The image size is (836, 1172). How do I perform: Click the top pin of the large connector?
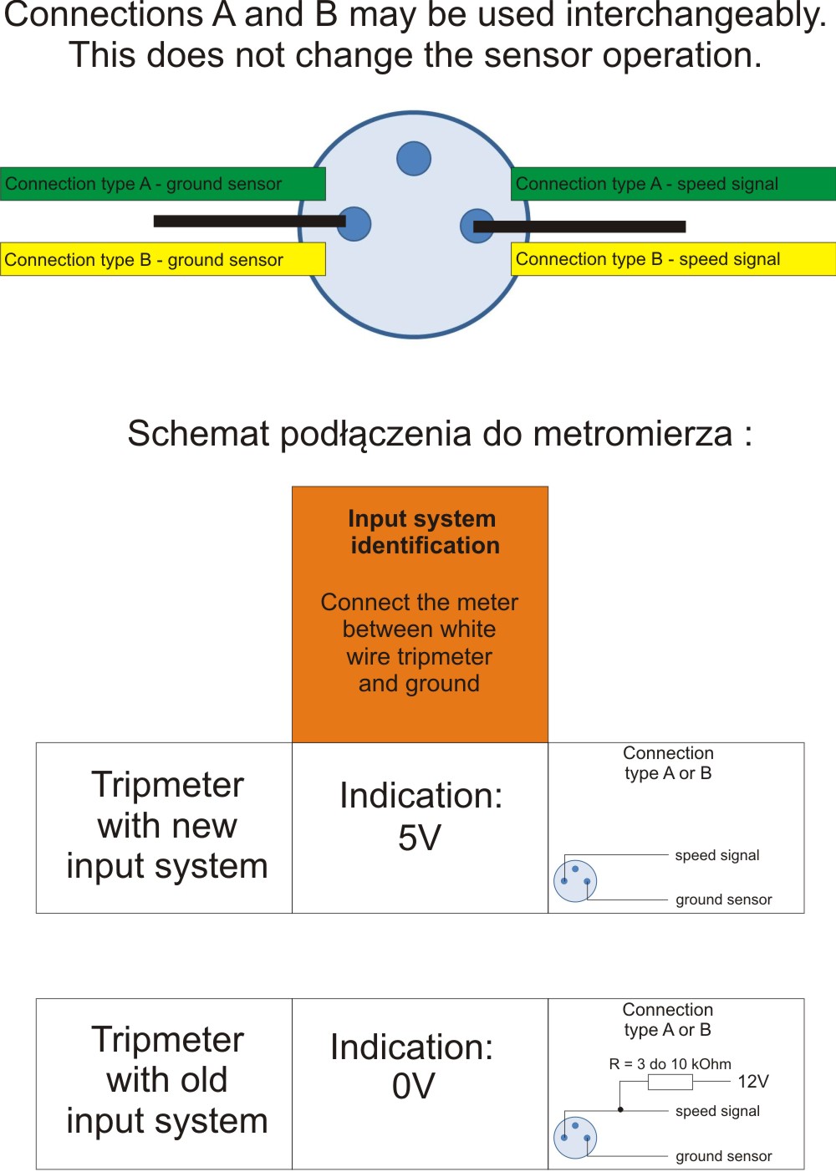[x=414, y=159]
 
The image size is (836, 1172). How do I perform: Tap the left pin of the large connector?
[x=354, y=224]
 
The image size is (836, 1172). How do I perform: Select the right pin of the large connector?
[x=476, y=226]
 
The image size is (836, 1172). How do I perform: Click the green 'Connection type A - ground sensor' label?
[x=162, y=184]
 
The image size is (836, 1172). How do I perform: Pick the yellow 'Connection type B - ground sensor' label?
[x=162, y=259]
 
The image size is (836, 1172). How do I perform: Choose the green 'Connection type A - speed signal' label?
[x=673, y=184]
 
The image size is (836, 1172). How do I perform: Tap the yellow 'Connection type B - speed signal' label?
[x=673, y=259]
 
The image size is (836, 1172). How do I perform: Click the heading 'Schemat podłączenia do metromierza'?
[x=440, y=434]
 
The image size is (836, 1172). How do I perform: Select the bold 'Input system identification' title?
[x=423, y=532]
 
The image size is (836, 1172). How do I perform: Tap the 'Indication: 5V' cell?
[x=421, y=817]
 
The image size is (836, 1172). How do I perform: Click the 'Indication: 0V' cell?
[x=413, y=1066]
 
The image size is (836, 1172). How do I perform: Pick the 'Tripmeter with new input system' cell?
[x=167, y=825]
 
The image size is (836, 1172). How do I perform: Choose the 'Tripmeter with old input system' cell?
[x=167, y=1080]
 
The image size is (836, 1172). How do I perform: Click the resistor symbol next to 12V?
[x=670, y=1083]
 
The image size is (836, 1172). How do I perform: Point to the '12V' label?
[x=752, y=1082]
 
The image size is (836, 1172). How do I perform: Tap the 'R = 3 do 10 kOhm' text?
[x=670, y=1064]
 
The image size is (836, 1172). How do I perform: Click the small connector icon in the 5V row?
[x=575, y=881]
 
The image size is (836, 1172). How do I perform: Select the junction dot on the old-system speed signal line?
[x=620, y=1110]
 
